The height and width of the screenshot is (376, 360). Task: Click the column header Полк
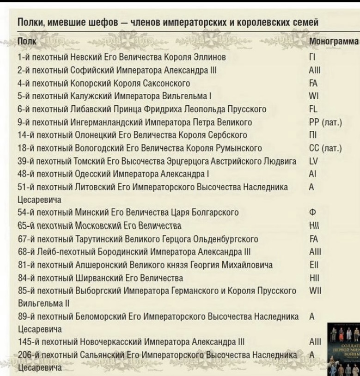[x=24, y=42]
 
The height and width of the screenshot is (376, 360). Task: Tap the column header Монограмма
[x=334, y=42]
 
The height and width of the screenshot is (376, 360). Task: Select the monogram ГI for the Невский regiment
[x=311, y=57]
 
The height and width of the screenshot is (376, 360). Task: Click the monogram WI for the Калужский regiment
[x=312, y=96]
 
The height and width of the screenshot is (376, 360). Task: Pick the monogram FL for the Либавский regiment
[x=312, y=109]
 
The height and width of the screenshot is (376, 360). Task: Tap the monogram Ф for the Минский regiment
[x=311, y=212]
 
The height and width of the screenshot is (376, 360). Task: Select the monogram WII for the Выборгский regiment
[x=314, y=291]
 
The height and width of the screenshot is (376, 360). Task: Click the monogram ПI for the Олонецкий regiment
[x=312, y=135]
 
